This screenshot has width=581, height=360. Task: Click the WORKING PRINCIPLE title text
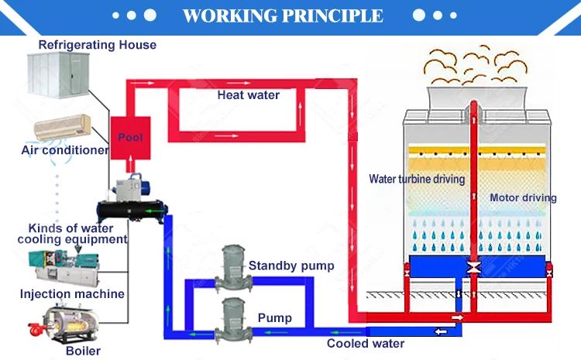[283, 15]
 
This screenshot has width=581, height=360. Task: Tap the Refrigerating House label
[97, 45]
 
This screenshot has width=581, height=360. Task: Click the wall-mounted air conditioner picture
[63, 126]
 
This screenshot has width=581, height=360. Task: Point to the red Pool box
[130, 137]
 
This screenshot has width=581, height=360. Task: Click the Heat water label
[248, 95]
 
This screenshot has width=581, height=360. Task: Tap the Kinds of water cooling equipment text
[71, 234]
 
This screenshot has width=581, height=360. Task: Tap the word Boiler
[83, 351]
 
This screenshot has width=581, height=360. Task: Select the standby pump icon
[232, 263]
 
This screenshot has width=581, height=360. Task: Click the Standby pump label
[291, 266]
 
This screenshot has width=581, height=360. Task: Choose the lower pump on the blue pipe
[232, 315]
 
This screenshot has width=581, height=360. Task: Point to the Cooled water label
[365, 344]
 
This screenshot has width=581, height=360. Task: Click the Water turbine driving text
[417, 180]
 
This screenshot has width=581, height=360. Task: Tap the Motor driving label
[523, 197]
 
